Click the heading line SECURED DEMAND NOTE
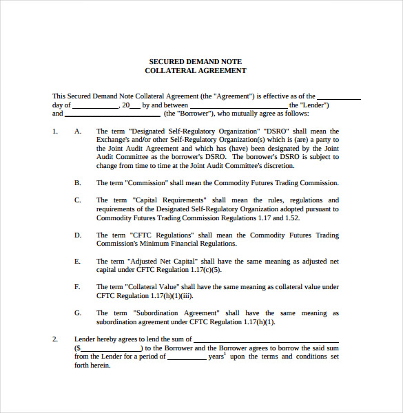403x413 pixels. click(196, 61)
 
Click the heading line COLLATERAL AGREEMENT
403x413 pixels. click(196, 70)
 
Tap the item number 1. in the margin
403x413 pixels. click(55, 131)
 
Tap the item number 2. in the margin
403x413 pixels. click(55, 339)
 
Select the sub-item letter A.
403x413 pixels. click(78, 131)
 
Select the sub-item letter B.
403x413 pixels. click(78, 182)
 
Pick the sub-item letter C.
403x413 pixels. click(78, 200)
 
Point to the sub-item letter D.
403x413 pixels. click(78, 235)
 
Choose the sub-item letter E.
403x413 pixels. click(78, 261)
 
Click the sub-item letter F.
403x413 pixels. click(78, 286)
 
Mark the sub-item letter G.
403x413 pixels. click(78, 313)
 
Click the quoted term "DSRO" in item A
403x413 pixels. click(277, 131)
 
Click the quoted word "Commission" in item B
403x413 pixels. click(148, 182)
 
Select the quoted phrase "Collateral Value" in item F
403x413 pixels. click(154, 286)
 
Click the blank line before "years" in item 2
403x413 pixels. click(186, 357)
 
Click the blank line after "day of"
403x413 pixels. click(95, 105)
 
